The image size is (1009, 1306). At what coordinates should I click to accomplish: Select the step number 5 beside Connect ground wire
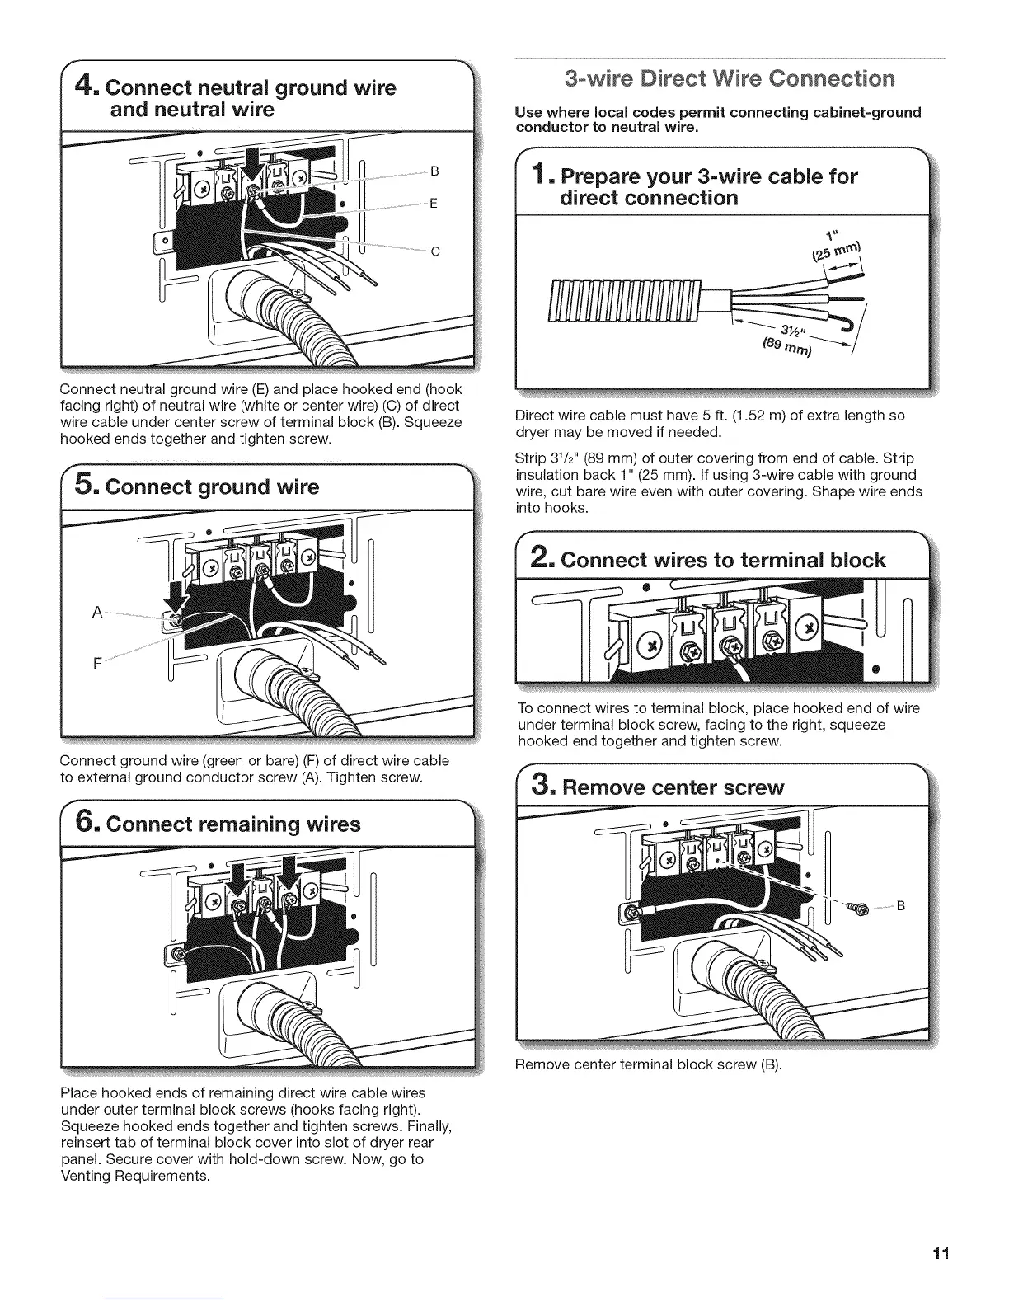click(x=86, y=486)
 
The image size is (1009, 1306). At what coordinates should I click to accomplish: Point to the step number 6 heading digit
click(x=86, y=824)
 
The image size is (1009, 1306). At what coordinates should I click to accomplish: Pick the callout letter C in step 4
click(x=434, y=252)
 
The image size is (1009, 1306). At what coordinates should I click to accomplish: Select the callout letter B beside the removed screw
click(x=901, y=906)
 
